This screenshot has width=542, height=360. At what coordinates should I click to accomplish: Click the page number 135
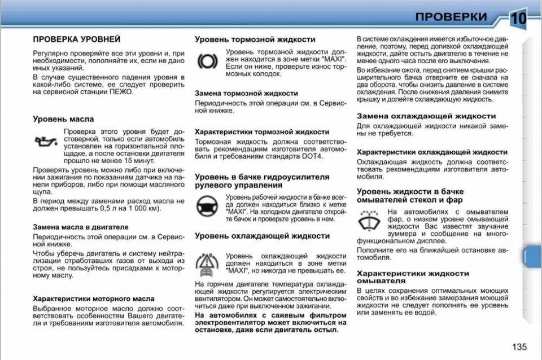click(x=519, y=346)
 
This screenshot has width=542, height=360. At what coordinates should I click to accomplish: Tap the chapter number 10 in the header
click(x=518, y=18)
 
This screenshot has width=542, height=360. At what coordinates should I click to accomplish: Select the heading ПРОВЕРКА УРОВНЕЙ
click(x=76, y=39)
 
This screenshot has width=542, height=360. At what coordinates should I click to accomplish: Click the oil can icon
click(x=45, y=141)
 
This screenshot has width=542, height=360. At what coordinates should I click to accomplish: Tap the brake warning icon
click(x=207, y=60)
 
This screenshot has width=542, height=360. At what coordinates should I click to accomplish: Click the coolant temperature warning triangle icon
click(x=207, y=263)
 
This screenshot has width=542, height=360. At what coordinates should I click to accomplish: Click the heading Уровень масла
click(x=63, y=119)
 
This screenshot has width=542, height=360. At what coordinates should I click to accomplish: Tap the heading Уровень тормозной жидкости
click(x=255, y=39)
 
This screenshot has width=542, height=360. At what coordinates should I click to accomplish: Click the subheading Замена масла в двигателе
click(x=80, y=226)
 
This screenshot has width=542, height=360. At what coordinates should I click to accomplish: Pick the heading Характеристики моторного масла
click(x=93, y=298)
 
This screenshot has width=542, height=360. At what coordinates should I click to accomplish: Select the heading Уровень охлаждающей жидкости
click(x=262, y=236)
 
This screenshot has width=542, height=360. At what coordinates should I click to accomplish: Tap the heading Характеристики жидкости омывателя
click(x=413, y=276)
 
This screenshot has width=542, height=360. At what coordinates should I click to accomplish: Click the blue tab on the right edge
click(x=532, y=256)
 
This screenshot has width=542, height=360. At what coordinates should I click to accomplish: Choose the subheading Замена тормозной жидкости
click(x=246, y=93)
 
